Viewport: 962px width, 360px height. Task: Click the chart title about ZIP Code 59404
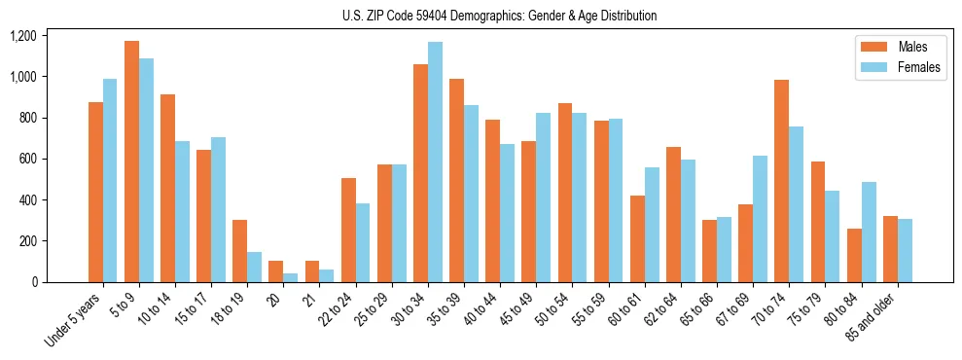tap(499, 16)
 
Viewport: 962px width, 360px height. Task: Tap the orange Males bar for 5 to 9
tap(131, 162)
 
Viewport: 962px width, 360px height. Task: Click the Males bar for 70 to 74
tap(781, 181)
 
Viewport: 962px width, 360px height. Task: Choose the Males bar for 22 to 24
tap(348, 231)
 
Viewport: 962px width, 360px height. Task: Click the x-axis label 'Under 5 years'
tap(74, 317)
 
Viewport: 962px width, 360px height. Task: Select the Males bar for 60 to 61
tap(637, 239)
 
